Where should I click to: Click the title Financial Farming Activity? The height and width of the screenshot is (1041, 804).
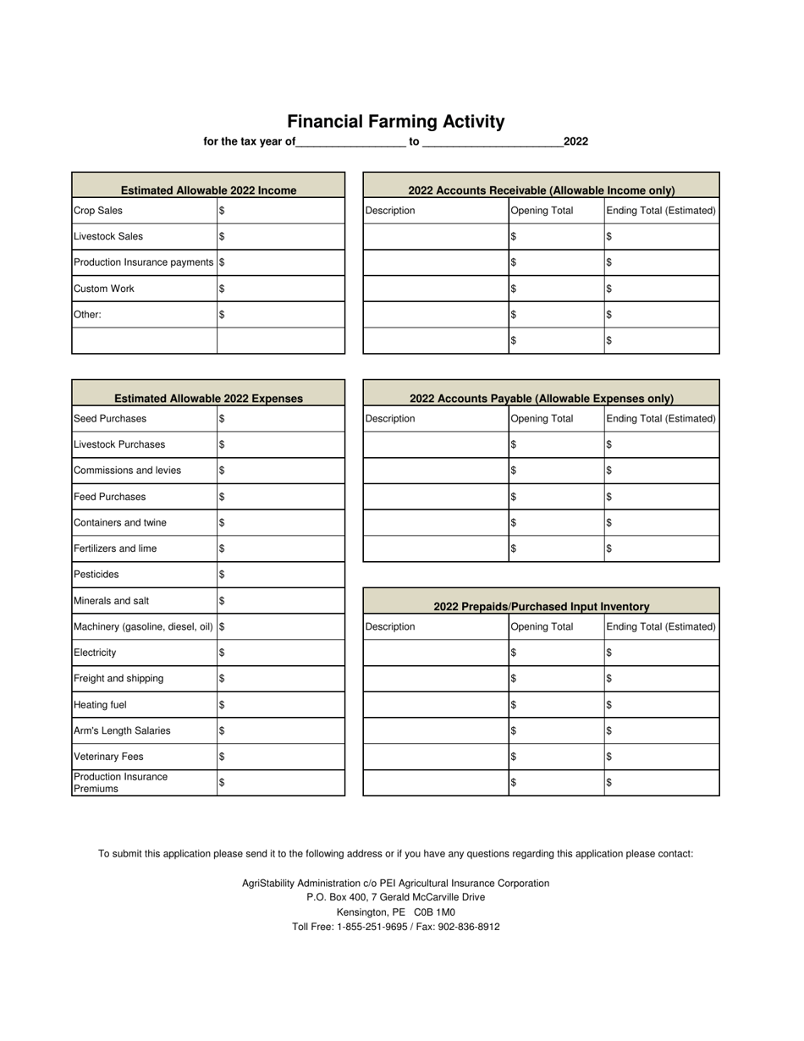(x=395, y=122)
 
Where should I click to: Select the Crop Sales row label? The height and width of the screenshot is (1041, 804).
(x=98, y=211)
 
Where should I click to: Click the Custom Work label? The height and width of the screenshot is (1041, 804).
(x=104, y=289)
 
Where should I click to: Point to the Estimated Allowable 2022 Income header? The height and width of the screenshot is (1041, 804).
(x=208, y=190)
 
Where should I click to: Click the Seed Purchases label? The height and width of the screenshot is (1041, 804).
(x=110, y=419)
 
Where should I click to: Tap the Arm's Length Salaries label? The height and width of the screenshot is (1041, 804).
(x=122, y=730)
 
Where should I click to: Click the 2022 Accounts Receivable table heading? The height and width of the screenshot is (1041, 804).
(x=542, y=190)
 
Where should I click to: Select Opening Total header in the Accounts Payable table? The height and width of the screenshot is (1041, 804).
(x=542, y=419)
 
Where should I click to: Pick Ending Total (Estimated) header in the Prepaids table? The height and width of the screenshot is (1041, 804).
(x=661, y=627)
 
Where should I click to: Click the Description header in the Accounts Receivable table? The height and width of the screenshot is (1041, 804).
(x=390, y=211)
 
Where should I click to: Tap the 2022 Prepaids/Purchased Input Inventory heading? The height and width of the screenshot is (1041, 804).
(x=542, y=607)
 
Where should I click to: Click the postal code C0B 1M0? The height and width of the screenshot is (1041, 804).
(x=434, y=912)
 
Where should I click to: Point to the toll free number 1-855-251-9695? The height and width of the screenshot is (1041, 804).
(x=381, y=927)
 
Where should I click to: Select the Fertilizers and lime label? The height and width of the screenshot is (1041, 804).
(x=115, y=548)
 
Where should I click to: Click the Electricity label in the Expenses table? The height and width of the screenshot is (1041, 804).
(x=96, y=653)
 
